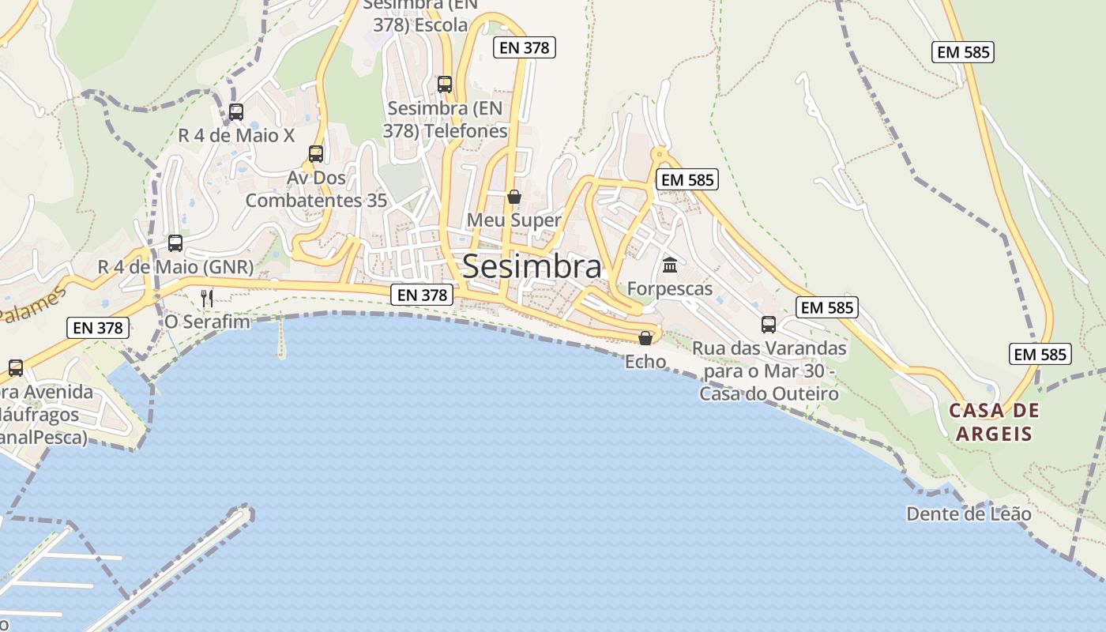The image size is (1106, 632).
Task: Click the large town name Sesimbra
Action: pyautogui.click(x=532, y=266)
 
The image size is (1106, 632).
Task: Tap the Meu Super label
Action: pyautogui.click(x=513, y=220)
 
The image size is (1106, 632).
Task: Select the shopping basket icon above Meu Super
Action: pyautogui.click(x=514, y=196)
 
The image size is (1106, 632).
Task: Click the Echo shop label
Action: pyautogui.click(x=645, y=362)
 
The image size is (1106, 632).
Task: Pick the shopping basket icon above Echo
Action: pyautogui.click(x=645, y=338)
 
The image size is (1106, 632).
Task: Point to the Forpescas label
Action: pyautogui.click(x=670, y=288)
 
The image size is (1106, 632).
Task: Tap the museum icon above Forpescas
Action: pyautogui.click(x=670, y=265)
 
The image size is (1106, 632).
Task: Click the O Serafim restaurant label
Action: pyautogui.click(x=207, y=322)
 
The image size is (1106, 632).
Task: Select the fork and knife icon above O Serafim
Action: pyautogui.click(x=207, y=298)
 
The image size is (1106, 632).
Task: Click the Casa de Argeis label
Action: pyautogui.click(x=994, y=422)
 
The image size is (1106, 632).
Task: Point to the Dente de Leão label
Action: pyautogui.click(x=969, y=514)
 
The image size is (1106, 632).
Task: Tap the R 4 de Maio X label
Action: pyautogui.click(x=236, y=135)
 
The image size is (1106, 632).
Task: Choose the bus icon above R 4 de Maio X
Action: pyautogui.click(x=236, y=112)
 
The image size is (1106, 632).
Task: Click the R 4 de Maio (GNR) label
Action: pyautogui.click(x=175, y=266)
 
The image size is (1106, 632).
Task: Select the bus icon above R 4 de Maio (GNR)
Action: pyautogui.click(x=175, y=243)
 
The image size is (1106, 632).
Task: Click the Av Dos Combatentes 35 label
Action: pyautogui.click(x=316, y=189)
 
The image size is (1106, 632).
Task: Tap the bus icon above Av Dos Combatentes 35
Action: pyautogui.click(x=316, y=153)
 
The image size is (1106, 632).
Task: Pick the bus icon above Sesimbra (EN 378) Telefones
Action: pyautogui.click(x=445, y=84)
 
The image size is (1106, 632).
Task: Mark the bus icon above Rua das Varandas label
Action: pyautogui.click(x=769, y=324)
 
